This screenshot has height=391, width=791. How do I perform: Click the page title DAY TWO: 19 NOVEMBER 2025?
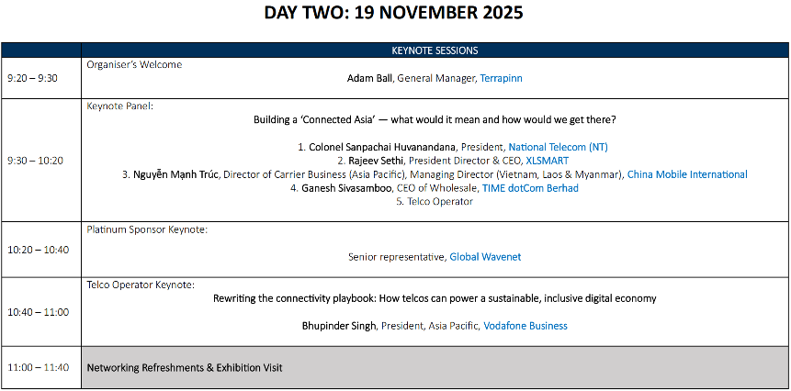(x=393, y=13)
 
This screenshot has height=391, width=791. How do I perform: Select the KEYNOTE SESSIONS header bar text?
(x=435, y=50)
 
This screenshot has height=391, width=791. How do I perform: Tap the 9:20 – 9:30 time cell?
(x=32, y=78)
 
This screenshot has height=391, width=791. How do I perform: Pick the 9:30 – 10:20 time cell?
(x=35, y=161)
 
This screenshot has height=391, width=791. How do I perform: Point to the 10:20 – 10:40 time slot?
(x=39, y=250)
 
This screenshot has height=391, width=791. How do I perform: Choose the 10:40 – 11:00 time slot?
(x=39, y=312)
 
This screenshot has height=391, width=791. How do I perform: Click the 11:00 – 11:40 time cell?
(x=39, y=367)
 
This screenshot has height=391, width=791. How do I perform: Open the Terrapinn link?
(x=501, y=79)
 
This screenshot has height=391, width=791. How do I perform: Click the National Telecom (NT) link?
(x=558, y=147)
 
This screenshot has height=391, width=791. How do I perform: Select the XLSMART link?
(x=547, y=161)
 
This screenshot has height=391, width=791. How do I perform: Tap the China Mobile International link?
(x=687, y=174)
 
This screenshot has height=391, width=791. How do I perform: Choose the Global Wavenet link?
(x=485, y=257)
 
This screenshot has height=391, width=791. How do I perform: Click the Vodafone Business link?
(x=525, y=326)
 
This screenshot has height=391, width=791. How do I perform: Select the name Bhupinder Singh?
(x=339, y=326)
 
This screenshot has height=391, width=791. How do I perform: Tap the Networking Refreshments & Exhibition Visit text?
(x=185, y=368)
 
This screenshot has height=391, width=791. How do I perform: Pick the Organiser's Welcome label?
(x=134, y=65)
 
